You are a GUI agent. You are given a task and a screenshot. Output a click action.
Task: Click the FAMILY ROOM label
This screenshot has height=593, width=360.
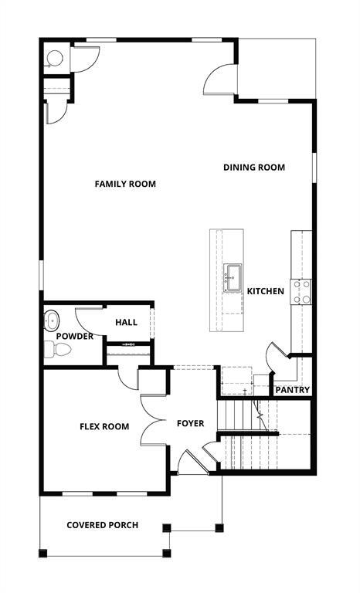point(125,184)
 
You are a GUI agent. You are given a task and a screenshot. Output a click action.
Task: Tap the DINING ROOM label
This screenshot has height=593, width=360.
point(254,167)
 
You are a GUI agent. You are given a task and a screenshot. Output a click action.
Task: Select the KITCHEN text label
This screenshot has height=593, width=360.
point(265,291)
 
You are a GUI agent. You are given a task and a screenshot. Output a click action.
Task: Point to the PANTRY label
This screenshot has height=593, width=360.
point(293,390)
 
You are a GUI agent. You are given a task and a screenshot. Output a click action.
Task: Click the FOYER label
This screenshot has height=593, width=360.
point(191,423)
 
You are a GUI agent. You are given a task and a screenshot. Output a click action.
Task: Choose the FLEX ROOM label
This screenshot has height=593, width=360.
point(104,426)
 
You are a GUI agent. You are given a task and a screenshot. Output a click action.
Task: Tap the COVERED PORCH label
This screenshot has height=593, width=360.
point(102,525)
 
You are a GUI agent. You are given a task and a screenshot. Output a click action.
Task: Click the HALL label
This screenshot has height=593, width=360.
point(126,322)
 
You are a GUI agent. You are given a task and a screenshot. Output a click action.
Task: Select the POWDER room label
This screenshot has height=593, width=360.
point(75,336)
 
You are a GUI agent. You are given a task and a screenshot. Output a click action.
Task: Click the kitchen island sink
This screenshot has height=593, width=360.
point(233,275)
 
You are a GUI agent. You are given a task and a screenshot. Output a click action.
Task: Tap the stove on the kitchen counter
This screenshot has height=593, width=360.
point(301,291)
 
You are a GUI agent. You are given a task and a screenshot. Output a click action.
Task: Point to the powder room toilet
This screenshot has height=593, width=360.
point(59,351)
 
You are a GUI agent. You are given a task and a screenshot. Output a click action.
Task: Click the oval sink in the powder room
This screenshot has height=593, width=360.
point(53,318)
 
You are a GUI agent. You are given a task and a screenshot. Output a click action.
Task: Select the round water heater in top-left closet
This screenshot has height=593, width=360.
point(55,58)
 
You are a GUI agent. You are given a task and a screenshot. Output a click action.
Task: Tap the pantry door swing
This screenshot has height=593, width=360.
point(276,357)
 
